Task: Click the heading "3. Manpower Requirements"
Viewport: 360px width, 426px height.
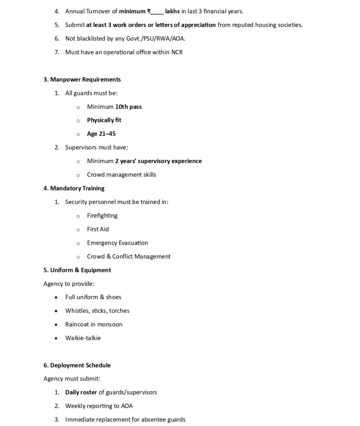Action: (x=82, y=79)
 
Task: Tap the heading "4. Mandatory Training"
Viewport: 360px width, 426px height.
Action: (x=74, y=188)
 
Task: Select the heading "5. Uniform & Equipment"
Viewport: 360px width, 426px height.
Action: (x=77, y=270)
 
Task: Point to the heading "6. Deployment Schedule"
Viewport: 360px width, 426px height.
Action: (x=77, y=365)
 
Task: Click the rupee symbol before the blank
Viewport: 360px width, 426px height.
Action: (x=149, y=11)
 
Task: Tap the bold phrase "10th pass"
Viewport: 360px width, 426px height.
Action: (x=128, y=107)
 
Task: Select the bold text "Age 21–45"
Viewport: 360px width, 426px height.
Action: (x=101, y=134)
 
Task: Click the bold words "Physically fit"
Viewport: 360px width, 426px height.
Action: (x=104, y=120)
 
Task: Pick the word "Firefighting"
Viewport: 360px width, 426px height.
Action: (x=102, y=215)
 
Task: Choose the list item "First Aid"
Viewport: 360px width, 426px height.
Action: (x=98, y=229)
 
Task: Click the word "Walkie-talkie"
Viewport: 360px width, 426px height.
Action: (x=83, y=338)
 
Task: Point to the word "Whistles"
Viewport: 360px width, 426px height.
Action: (x=77, y=311)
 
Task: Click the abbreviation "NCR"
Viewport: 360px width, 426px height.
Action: (x=177, y=52)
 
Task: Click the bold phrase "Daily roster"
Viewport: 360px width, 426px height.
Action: (x=81, y=392)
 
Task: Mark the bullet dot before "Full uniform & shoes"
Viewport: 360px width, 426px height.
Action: (x=56, y=297)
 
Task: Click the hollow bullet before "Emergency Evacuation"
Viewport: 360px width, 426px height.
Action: (x=78, y=243)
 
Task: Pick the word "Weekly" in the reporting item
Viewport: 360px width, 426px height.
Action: (x=75, y=406)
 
